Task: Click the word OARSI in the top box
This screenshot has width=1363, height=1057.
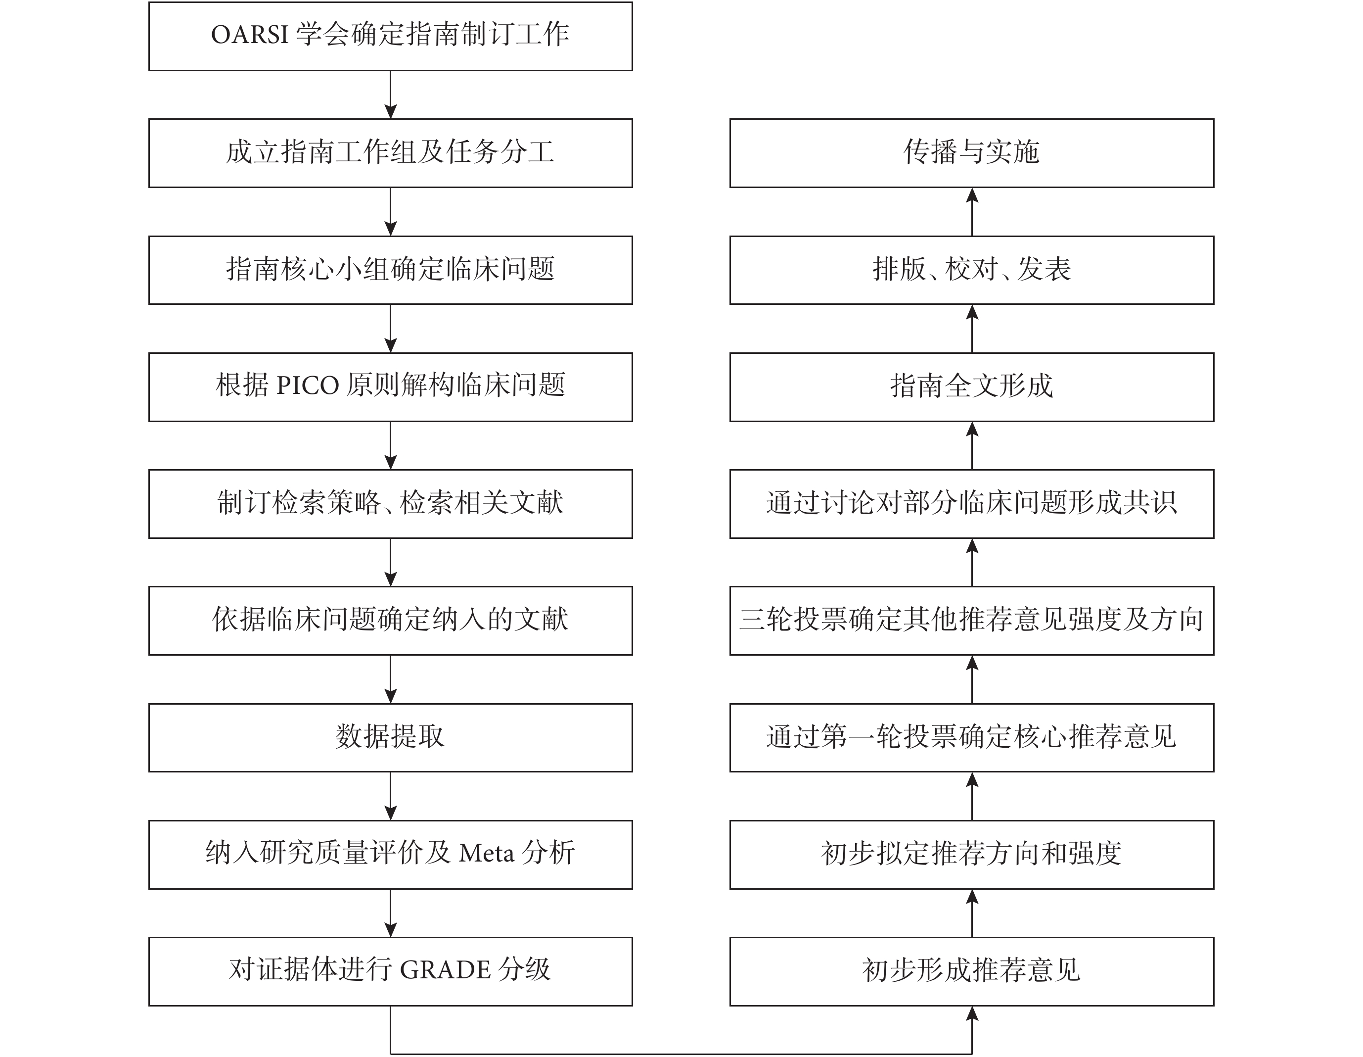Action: pos(249,35)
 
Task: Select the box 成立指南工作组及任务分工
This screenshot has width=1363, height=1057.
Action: pos(391,153)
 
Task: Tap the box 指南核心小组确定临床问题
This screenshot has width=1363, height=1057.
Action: pos(391,270)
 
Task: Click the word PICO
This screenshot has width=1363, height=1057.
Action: pos(307,386)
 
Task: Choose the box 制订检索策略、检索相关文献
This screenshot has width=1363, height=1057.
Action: pos(391,504)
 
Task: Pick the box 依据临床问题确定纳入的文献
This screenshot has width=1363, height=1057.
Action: pos(391,621)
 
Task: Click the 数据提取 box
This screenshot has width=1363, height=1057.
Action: pos(391,737)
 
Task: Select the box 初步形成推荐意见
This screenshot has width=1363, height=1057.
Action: pos(972,971)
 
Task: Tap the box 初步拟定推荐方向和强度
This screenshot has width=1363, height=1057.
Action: pos(972,855)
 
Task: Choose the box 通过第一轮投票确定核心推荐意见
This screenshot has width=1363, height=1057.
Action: pos(972,737)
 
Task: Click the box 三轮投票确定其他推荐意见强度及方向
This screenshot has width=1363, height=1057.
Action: pos(972,621)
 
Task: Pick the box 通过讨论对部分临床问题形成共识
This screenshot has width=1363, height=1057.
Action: pos(972,504)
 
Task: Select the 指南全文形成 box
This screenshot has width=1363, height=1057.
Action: pos(972,387)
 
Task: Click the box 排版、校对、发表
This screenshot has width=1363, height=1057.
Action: pos(972,270)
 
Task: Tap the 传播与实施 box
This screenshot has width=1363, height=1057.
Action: pos(972,153)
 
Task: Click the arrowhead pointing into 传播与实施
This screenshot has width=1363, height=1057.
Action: pos(972,195)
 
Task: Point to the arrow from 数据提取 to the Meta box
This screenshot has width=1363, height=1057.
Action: pos(391,796)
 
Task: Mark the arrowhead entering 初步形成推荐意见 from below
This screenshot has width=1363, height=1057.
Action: pos(972,1013)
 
